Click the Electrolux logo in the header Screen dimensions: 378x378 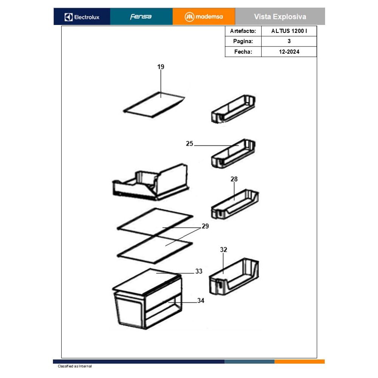tap(82, 17)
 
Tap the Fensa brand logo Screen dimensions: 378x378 tap(141, 17)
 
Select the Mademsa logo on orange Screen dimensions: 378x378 tap(204, 17)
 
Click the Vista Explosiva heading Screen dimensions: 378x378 tap(280, 17)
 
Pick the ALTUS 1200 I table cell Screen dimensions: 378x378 tap(289, 31)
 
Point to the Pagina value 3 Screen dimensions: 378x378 tap(289, 41)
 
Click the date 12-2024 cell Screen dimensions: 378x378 tap(289, 51)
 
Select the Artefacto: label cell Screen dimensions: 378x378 tap(243, 31)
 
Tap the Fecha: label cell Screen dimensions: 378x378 tap(243, 51)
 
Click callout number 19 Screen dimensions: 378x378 tap(161, 67)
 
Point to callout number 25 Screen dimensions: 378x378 tap(189, 144)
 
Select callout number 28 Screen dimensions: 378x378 tap(234, 179)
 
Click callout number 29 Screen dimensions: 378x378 tap(205, 226)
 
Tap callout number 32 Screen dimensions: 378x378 tap(223, 250)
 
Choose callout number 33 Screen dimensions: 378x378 tap(199, 271)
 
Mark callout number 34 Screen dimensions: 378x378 tap(201, 301)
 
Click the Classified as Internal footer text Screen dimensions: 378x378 tap(75, 366)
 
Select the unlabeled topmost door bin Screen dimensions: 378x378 tap(233, 109)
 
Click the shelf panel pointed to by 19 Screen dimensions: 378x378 tap(154, 104)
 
